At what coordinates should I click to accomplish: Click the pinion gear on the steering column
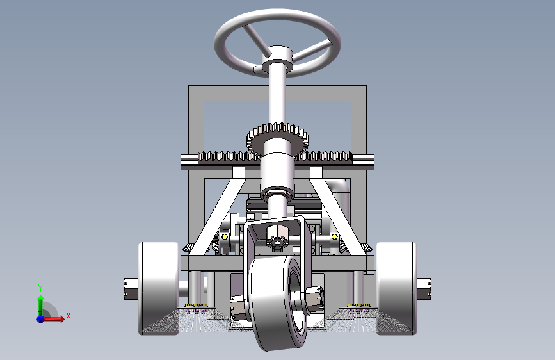pyautogui.click(x=277, y=138)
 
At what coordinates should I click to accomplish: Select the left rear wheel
pyautogui.click(x=159, y=288)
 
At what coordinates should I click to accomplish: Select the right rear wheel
pyautogui.click(x=396, y=288)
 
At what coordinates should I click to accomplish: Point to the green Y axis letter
pyautogui.click(x=40, y=288)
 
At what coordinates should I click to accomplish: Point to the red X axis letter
pyautogui.click(x=68, y=316)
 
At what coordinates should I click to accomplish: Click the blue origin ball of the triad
pyautogui.click(x=41, y=319)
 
